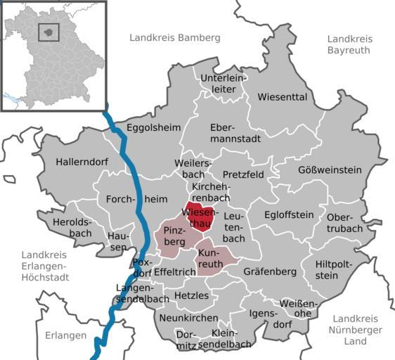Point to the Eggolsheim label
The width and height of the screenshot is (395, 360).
pos(153,127)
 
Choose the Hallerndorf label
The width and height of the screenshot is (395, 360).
pos(82,162)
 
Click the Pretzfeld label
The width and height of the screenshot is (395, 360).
pos(243,174)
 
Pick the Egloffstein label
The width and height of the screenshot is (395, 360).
pos(289,215)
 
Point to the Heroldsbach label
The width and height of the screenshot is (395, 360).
pos(72,226)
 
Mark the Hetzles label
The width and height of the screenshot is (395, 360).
pos(191,295)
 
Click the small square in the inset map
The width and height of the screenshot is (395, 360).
pos(48,32)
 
